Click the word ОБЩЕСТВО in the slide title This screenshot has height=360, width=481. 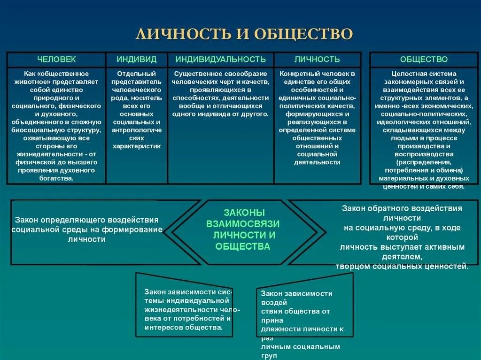click(x=303, y=33)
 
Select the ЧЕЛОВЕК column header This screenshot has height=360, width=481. click(x=56, y=60)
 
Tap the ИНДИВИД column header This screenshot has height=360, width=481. click(x=137, y=60)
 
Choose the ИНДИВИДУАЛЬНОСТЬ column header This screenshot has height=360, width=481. click(x=221, y=60)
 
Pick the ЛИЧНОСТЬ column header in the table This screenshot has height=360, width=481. click(x=317, y=60)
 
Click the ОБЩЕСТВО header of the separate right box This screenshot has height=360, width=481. click(x=424, y=60)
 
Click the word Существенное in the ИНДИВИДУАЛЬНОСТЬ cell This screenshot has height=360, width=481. click(x=194, y=74)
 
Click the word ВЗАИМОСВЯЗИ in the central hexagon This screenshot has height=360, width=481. click(x=243, y=223)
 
